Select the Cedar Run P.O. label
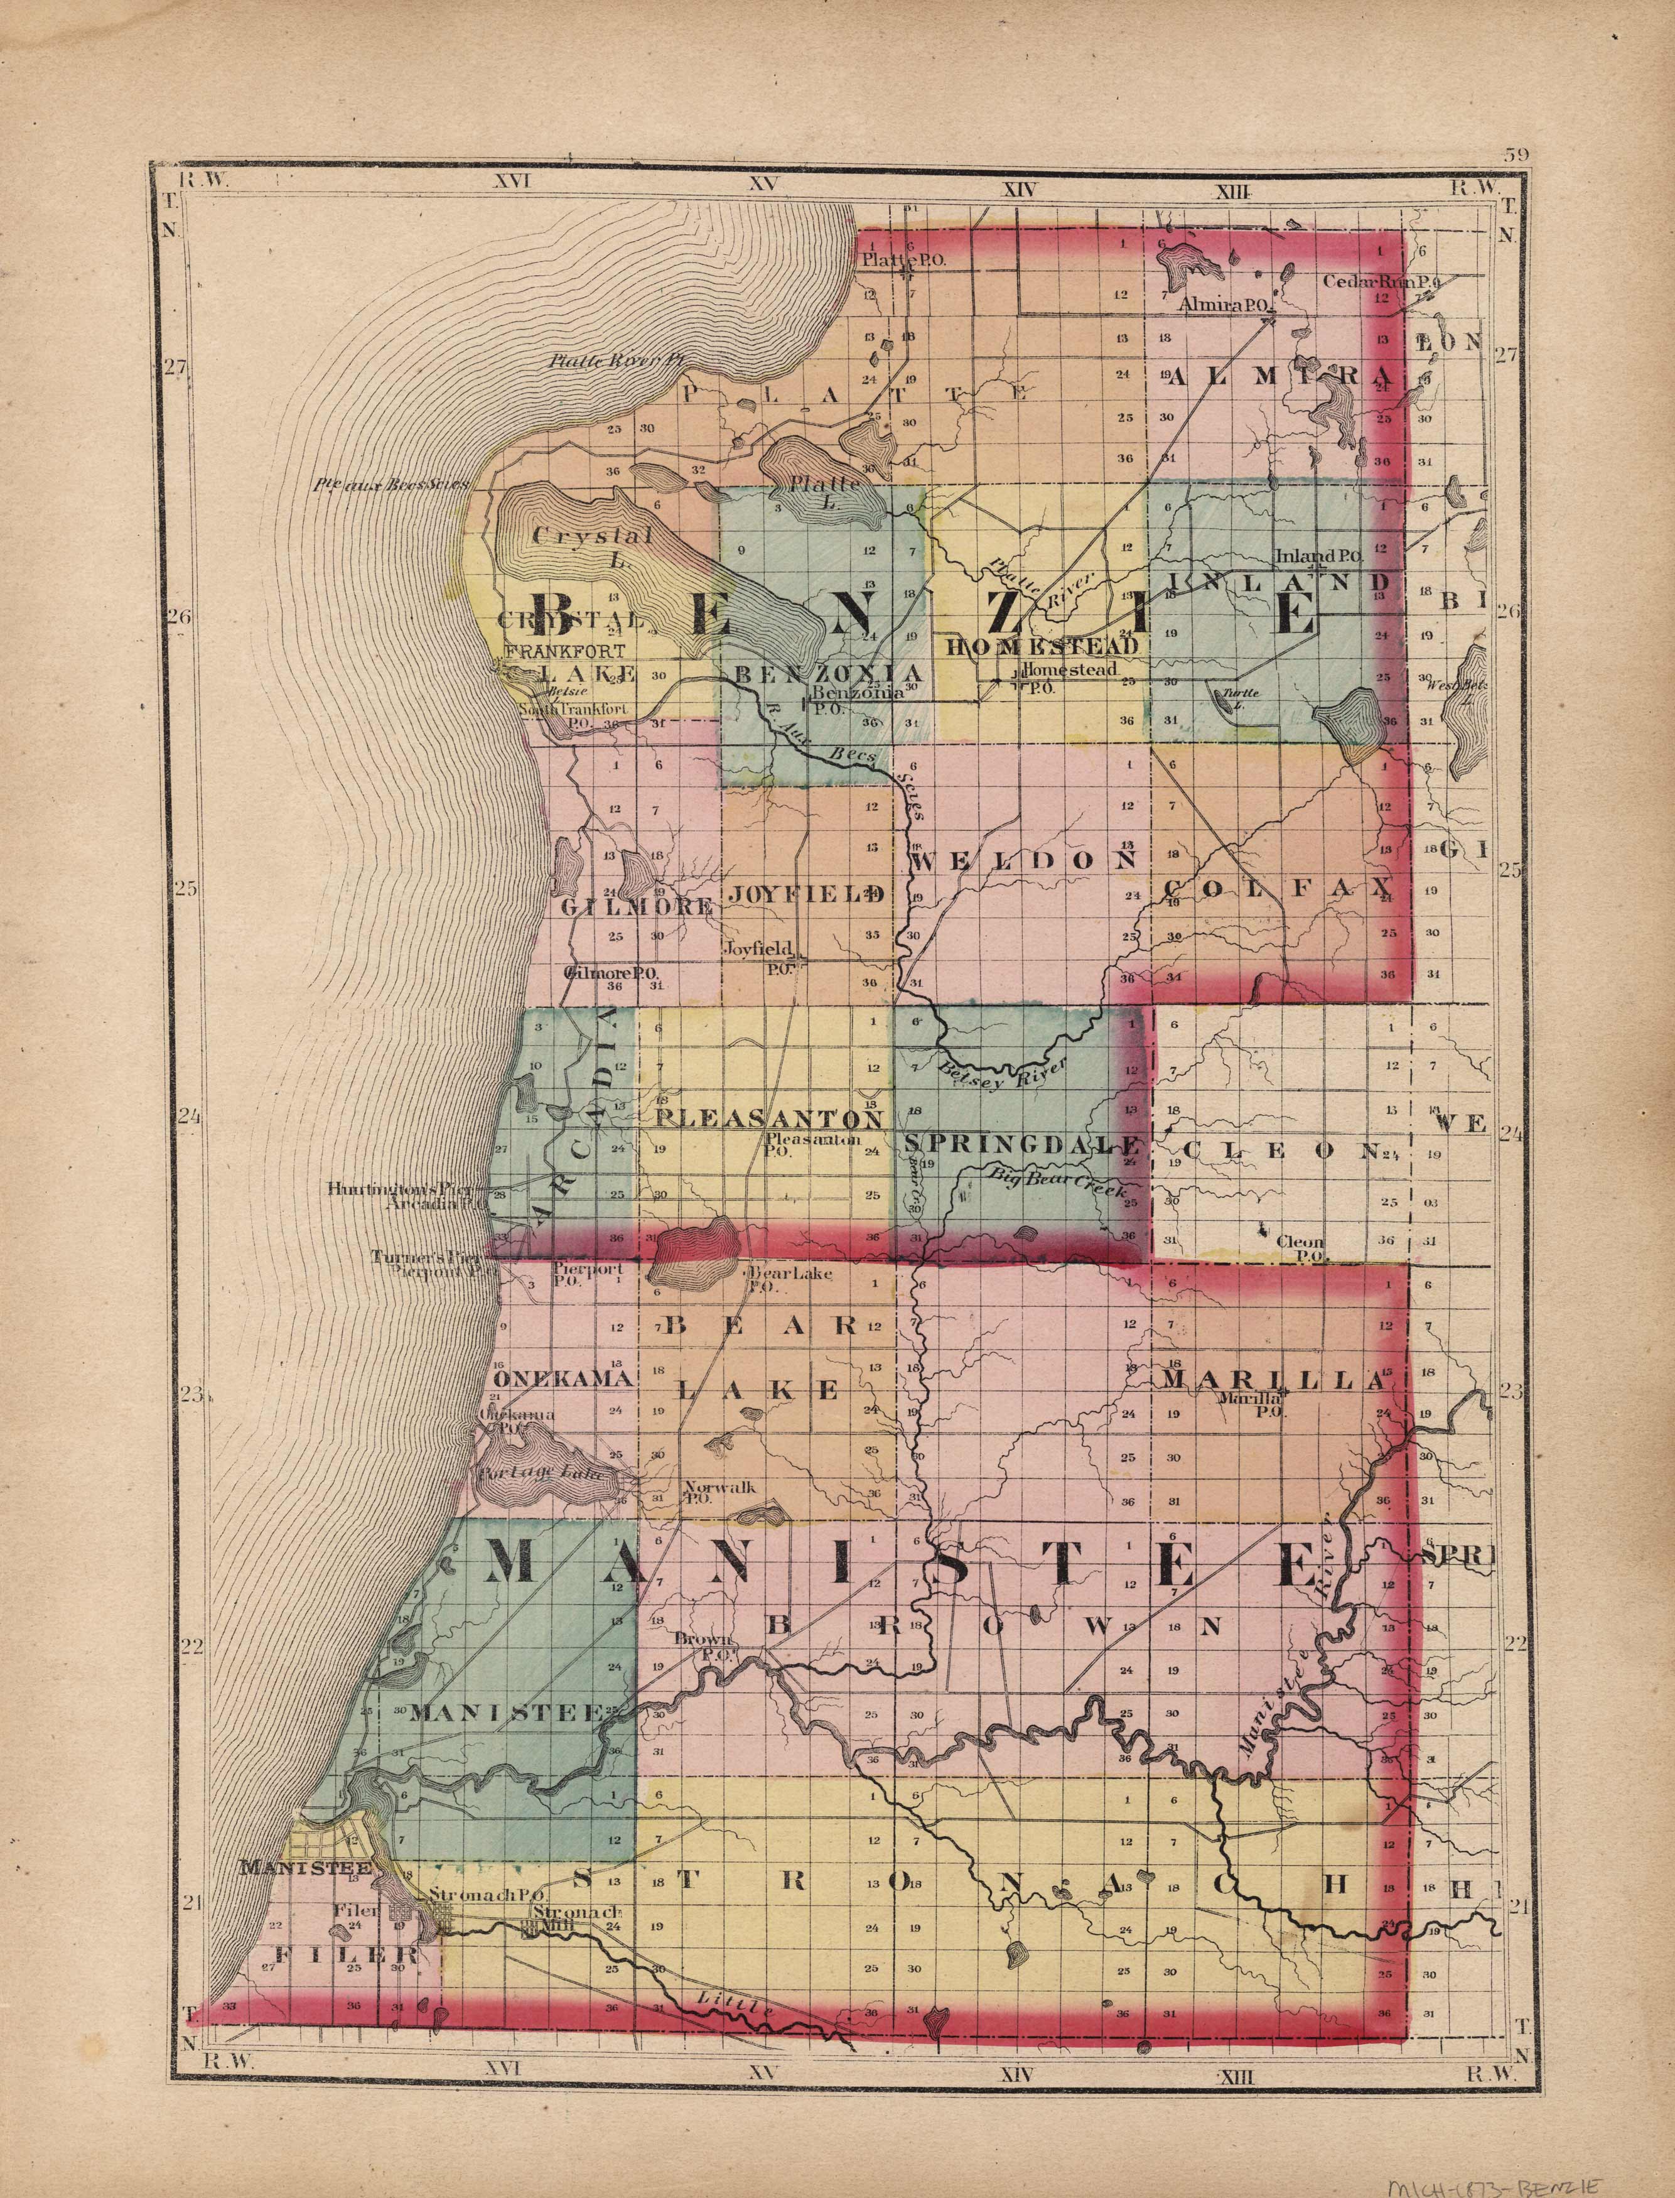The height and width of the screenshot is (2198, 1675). click(1381, 282)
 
